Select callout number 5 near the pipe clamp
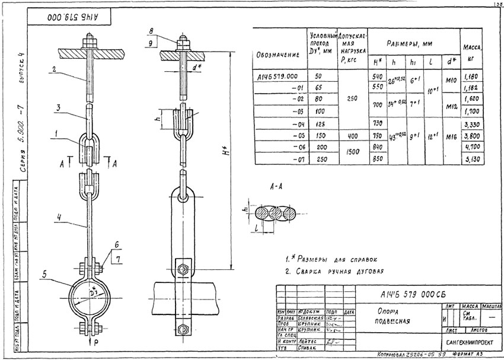coord(44,274)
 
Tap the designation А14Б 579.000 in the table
coord(278,77)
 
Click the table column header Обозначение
coord(277,55)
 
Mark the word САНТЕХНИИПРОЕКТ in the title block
coord(465,343)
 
